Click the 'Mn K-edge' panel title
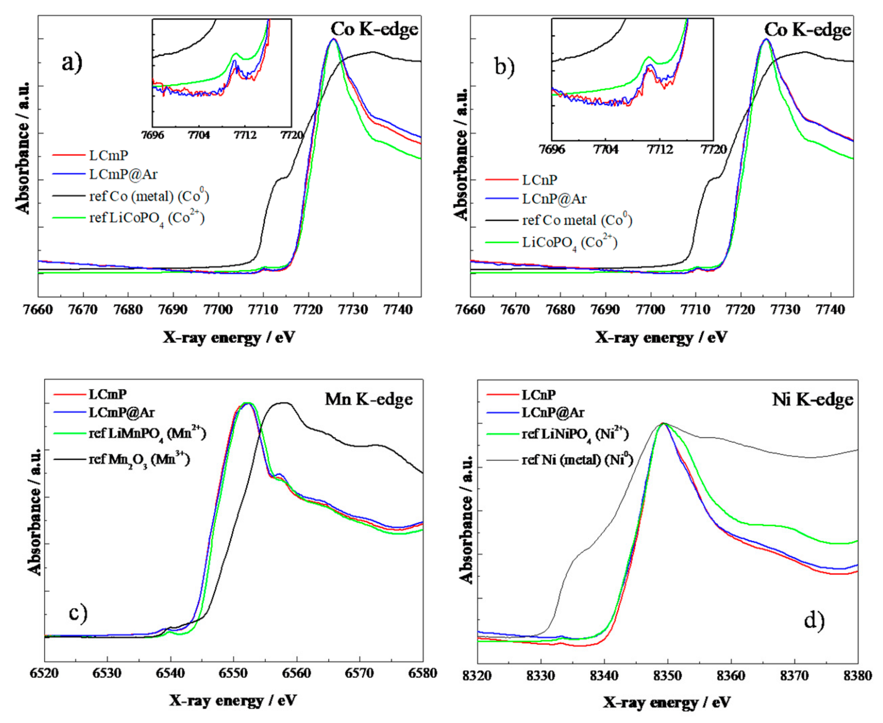369,399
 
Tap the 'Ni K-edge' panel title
812,400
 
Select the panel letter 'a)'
72,63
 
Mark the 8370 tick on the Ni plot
794,675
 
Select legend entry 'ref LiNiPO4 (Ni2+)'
575,435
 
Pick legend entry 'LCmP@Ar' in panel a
123,174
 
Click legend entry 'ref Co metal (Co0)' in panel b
577,220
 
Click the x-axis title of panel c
233,700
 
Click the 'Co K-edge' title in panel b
807,30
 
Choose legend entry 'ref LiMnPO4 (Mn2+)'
147,434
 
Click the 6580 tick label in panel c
423,674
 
